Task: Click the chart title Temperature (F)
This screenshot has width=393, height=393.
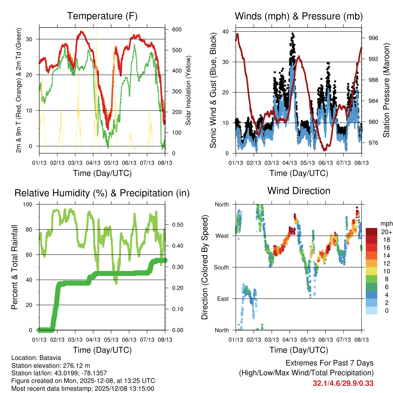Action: click(x=102, y=16)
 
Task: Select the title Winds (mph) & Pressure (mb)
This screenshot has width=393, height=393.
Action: click(x=299, y=16)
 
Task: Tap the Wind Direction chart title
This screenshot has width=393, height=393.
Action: click(x=299, y=190)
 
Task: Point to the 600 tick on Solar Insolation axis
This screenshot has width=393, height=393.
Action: click(x=177, y=30)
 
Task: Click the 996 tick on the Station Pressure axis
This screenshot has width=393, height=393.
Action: click(x=373, y=38)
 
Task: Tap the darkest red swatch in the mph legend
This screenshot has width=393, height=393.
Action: click(x=372, y=232)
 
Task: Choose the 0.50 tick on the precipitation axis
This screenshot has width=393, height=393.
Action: click(x=175, y=225)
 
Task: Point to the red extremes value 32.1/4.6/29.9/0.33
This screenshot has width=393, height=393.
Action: click(x=343, y=383)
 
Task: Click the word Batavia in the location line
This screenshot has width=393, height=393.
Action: click(x=50, y=357)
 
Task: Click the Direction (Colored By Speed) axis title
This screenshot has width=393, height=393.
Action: click(x=205, y=267)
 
